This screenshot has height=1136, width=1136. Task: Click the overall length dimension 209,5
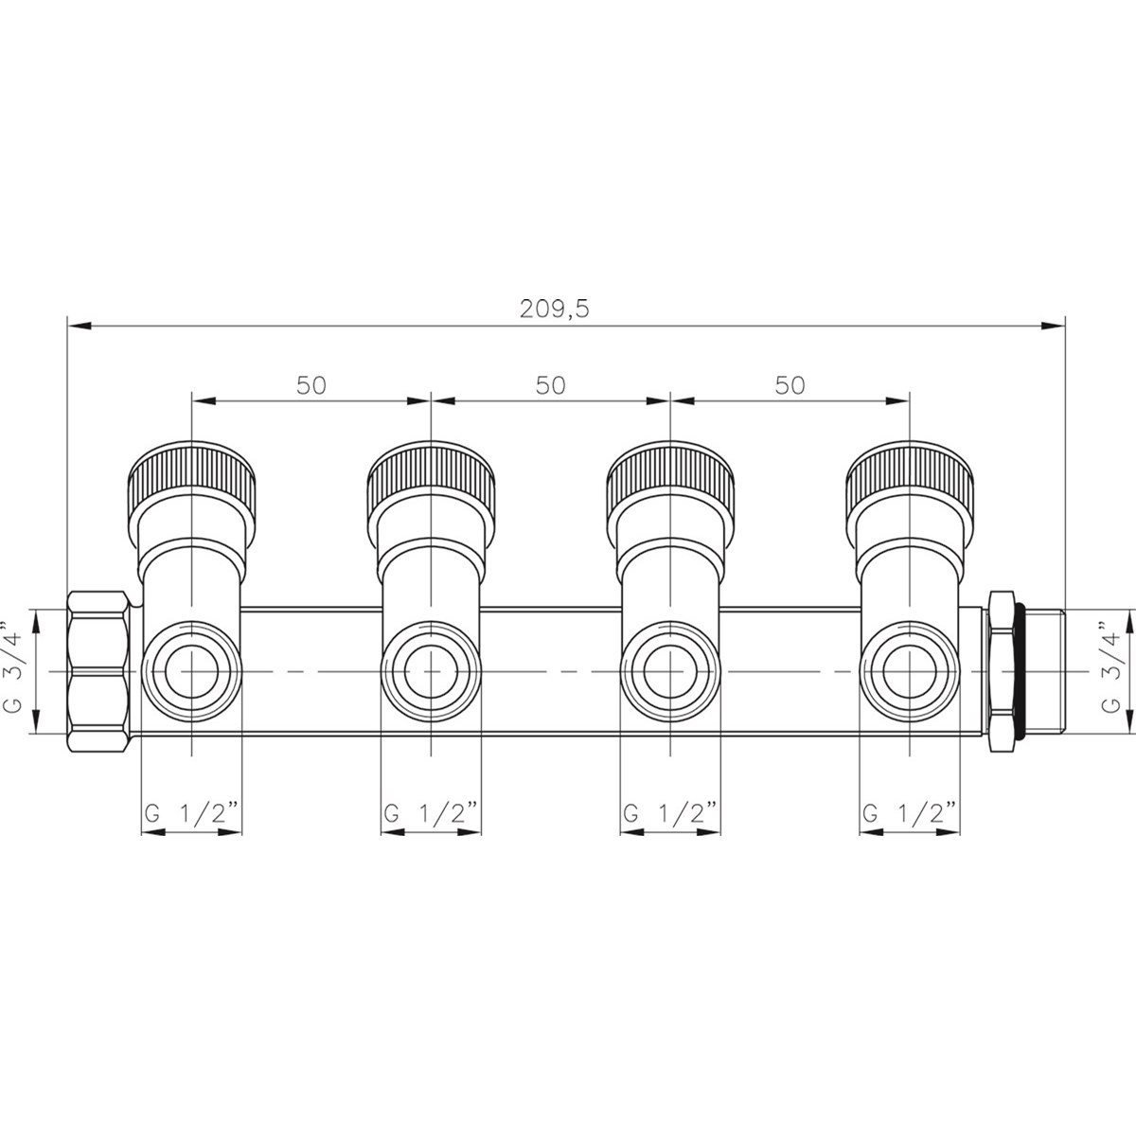[x=554, y=309]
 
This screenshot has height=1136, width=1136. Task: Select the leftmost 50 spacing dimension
[x=311, y=385]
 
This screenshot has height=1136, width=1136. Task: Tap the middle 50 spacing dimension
[x=551, y=385]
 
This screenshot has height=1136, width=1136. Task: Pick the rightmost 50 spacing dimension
[x=790, y=385]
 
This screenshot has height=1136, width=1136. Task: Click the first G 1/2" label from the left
[x=191, y=813]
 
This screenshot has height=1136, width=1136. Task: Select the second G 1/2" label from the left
[x=431, y=813]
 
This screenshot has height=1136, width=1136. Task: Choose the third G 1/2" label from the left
[x=670, y=813]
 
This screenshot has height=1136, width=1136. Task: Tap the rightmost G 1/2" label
[x=910, y=813]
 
